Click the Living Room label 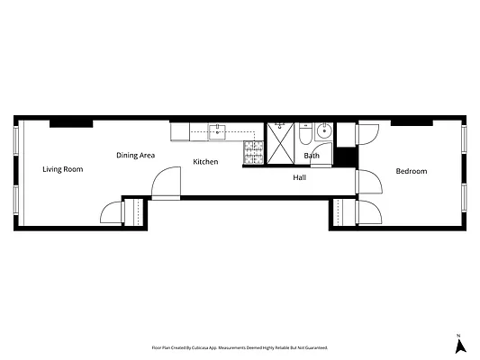tap(63, 169)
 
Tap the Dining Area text tap(136, 156)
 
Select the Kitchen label tap(205, 162)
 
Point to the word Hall tap(300, 177)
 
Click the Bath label tap(312, 156)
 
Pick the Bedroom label tap(411, 171)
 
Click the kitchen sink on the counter tap(219, 133)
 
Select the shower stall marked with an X tap(280, 144)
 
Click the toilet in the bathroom tap(305, 135)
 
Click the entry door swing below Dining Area tap(165, 185)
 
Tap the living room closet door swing tap(110, 212)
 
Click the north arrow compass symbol tap(459, 344)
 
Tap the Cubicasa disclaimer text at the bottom tap(239, 346)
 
